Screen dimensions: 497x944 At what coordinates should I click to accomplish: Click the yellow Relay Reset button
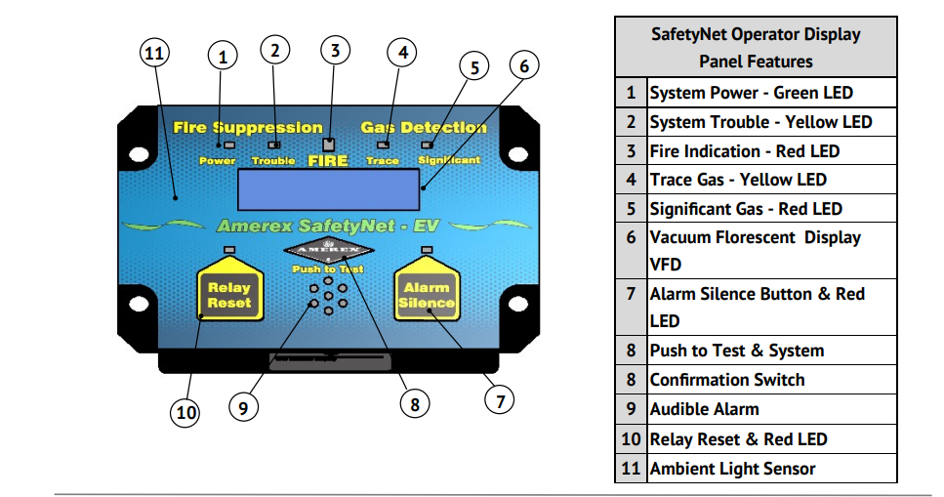point(229,293)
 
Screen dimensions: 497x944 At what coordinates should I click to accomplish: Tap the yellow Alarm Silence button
point(426,293)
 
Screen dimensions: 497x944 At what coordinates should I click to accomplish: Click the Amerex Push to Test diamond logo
point(328,251)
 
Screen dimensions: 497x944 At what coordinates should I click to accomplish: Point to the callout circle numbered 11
point(154,54)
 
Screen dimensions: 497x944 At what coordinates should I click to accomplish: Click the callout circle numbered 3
point(335,50)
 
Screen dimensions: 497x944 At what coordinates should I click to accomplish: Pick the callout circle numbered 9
point(244,405)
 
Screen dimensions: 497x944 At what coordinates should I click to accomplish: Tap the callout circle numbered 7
point(500,400)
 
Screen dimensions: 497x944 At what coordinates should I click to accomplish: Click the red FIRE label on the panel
point(328,159)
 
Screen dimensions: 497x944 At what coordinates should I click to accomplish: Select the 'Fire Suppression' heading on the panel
point(248,127)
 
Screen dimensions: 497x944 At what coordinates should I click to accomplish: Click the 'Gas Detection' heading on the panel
point(424,127)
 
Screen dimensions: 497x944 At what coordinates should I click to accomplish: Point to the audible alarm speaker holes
point(328,298)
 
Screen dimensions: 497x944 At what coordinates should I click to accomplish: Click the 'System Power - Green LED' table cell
point(751,93)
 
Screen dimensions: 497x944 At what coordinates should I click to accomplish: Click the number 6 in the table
point(631,237)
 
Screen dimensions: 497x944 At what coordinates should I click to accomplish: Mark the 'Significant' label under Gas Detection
point(449,159)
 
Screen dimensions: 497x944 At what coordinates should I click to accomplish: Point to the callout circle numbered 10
point(185,413)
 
